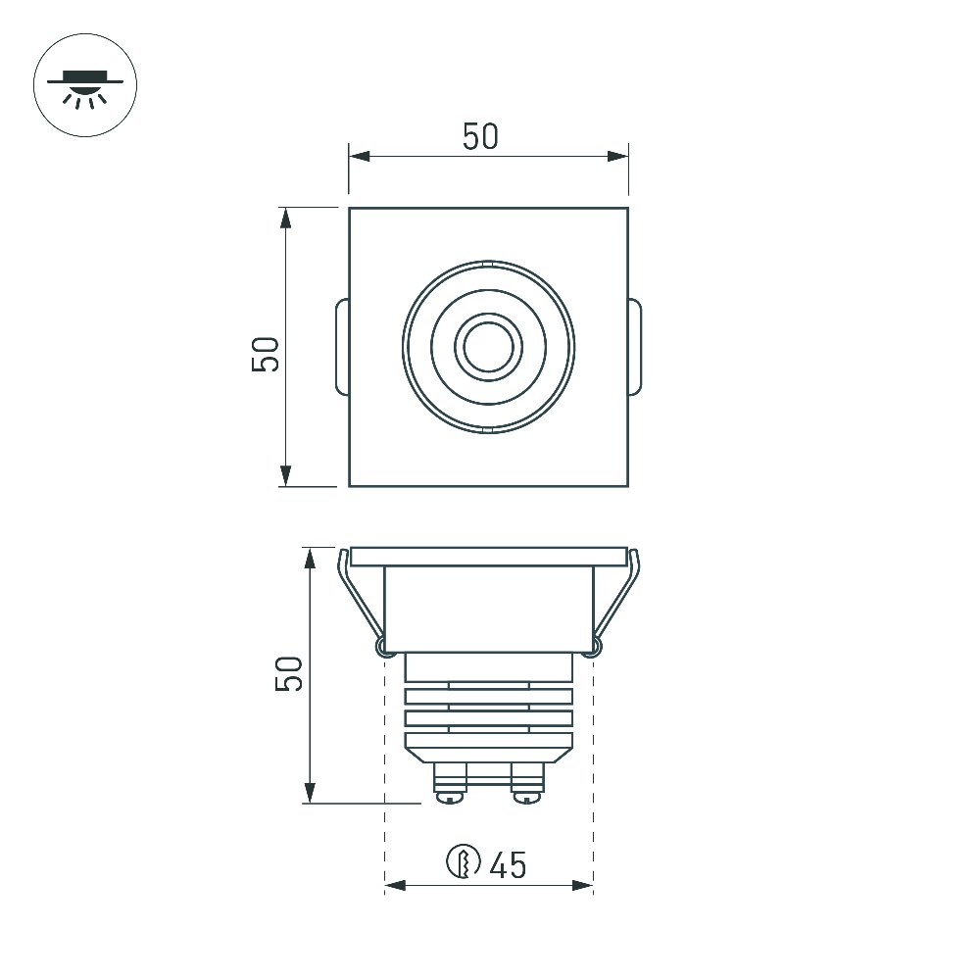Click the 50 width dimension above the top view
click(x=480, y=137)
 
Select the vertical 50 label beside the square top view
click(x=265, y=355)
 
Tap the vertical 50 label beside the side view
click(x=289, y=674)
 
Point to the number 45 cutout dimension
click(x=508, y=865)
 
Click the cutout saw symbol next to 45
click(x=464, y=861)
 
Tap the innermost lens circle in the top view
click(x=489, y=347)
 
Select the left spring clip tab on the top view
click(x=342, y=347)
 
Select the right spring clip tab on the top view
click(x=634, y=347)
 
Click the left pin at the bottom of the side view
click(x=450, y=782)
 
